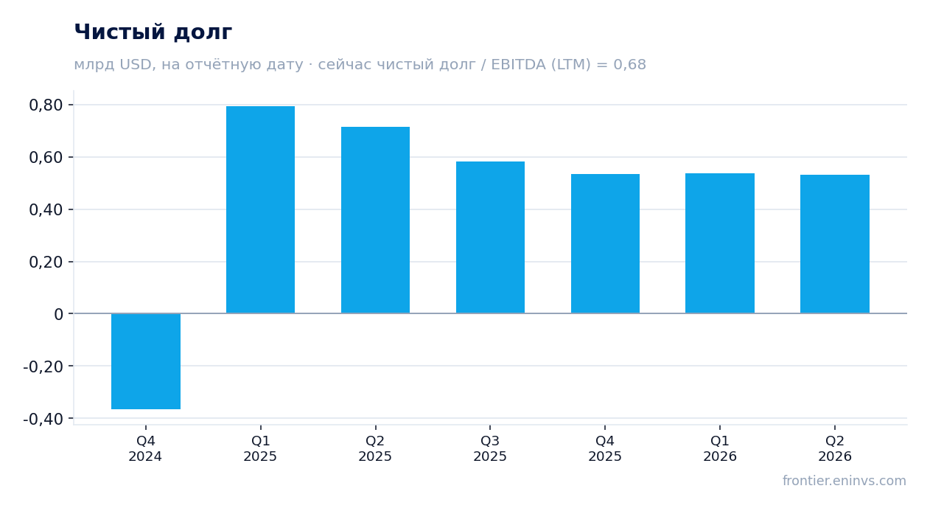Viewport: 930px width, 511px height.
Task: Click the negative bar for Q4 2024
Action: click(146, 361)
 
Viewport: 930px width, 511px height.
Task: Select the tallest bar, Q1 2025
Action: click(260, 210)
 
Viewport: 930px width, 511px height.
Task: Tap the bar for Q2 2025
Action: click(375, 220)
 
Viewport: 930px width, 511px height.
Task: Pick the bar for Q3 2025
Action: click(490, 237)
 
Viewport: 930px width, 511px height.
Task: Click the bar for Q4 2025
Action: click(605, 243)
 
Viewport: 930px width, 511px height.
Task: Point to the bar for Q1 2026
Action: click(720, 243)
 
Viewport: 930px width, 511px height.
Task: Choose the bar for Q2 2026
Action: click(835, 244)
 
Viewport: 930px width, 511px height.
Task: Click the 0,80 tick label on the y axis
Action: click(46, 105)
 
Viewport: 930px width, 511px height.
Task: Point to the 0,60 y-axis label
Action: click(46, 158)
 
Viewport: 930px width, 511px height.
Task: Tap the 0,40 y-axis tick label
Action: click(46, 210)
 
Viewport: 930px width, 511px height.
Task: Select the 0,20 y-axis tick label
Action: click(46, 263)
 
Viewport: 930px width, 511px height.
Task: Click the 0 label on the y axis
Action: click(58, 315)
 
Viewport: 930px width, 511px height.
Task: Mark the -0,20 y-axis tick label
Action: click(43, 366)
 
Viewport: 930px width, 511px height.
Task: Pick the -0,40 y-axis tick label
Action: click(43, 419)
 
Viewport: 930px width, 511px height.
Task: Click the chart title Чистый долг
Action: click(153, 32)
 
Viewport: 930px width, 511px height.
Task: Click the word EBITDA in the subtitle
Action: click(518, 64)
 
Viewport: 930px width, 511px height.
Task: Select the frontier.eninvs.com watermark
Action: click(844, 481)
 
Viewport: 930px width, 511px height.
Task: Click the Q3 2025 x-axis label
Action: click(490, 448)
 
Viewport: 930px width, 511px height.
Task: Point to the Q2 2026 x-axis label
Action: click(835, 448)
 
